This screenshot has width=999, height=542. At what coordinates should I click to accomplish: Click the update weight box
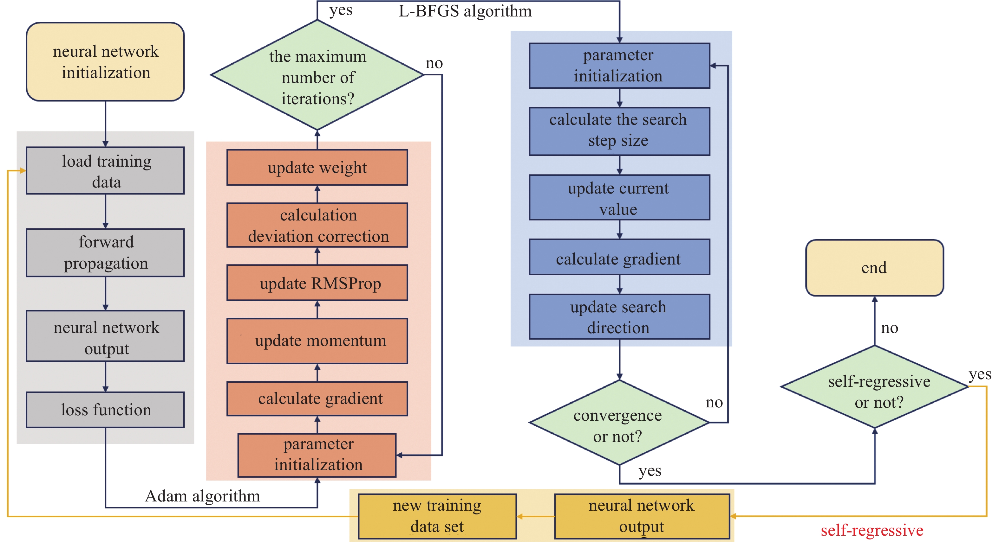(317, 167)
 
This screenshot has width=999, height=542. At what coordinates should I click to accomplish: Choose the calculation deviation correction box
(317, 225)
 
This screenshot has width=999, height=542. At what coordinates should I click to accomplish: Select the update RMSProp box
(317, 283)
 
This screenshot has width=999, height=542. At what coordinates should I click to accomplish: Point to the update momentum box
(317, 341)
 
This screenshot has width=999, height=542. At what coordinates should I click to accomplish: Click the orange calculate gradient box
(317, 399)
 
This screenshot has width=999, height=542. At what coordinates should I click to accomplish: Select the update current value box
(619, 198)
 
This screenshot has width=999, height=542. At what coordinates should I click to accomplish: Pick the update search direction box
(619, 316)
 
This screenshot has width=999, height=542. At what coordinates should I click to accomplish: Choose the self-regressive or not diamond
(874, 387)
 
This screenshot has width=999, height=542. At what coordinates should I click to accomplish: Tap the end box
(874, 268)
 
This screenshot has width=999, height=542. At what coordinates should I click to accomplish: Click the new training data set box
(437, 516)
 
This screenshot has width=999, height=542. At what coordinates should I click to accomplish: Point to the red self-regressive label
(872, 530)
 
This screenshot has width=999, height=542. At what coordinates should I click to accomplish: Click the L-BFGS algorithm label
(465, 11)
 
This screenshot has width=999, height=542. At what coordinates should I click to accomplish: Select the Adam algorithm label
(202, 496)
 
